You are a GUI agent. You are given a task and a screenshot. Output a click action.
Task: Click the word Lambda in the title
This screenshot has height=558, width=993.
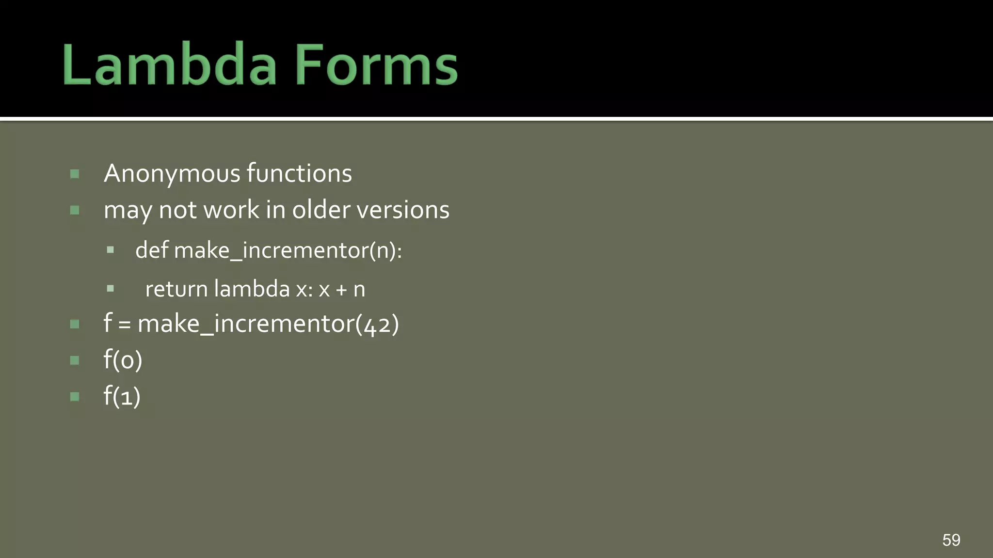click(x=169, y=65)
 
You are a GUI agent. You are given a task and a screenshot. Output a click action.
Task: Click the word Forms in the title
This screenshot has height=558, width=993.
click(x=376, y=65)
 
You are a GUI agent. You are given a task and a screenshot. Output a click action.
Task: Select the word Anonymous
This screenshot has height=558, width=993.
click(x=172, y=174)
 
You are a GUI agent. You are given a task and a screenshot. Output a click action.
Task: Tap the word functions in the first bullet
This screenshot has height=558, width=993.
click(x=299, y=173)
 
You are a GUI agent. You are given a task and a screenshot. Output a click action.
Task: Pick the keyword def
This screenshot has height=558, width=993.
click(x=152, y=250)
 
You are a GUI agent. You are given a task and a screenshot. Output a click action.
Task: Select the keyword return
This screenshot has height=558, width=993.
click(x=176, y=289)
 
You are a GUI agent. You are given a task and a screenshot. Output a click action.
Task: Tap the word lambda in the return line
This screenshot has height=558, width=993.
click(x=252, y=289)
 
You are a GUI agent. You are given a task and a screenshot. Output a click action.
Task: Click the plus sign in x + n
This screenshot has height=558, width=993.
click(x=341, y=290)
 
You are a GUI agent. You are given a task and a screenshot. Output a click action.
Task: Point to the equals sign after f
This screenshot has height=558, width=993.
click(x=125, y=325)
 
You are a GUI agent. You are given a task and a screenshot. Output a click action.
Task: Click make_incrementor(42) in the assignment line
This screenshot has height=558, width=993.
click(x=268, y=324)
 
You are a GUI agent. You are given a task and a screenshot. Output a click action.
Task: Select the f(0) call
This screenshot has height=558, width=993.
click(x=123, y=360)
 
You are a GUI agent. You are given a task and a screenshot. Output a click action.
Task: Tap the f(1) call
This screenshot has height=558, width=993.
click(x=122, y=396)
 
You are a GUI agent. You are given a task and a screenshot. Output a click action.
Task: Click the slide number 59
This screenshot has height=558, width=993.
click(x=951, y=540)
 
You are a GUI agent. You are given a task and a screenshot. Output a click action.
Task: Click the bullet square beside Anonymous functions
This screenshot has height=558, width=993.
click(x=75, y=174)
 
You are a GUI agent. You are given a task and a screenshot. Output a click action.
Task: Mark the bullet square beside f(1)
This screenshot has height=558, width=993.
click(x=75, y=397)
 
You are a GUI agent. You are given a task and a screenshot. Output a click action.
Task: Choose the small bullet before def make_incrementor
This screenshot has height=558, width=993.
click(x=111, y=250)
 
